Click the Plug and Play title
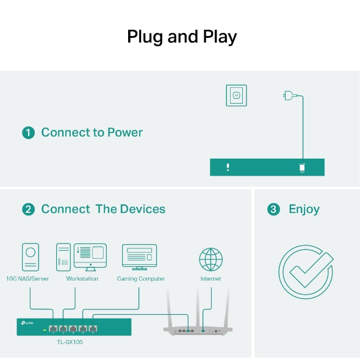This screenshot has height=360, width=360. pos(181,37)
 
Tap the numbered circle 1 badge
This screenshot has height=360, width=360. pos(28,133)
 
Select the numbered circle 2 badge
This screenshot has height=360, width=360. pos(28,209)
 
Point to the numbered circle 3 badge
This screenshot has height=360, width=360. pos(274,209)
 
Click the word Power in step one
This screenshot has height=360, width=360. pos(125,132)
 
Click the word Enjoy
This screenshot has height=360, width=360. pos(304,209)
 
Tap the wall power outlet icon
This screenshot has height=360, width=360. pos(236,95)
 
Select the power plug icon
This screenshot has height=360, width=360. pos(289,95)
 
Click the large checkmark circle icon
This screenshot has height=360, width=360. pos(306,272)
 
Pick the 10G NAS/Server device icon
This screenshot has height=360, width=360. pos(31,257)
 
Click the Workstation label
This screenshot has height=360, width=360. pos(82,279)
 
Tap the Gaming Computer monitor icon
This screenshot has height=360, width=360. pos(139,257)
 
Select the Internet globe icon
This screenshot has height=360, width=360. pos(211,259)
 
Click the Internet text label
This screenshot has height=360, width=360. pos(211,279)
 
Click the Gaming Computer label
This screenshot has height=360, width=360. pos(141,279)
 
